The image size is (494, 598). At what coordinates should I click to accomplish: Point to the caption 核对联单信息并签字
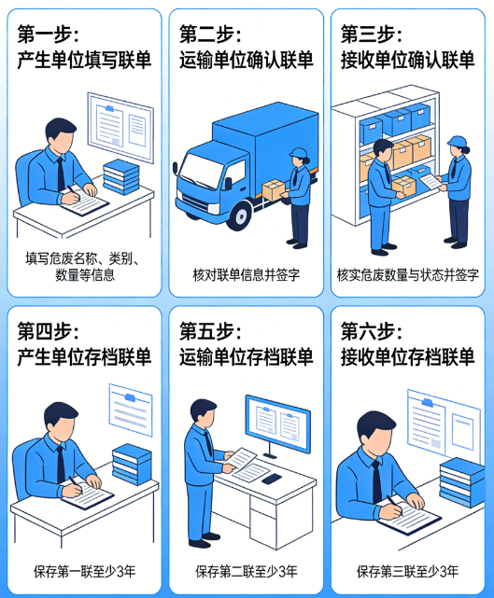click(x=246, y=275)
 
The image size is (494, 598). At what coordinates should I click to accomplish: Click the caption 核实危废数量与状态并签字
click(x=408, y=275)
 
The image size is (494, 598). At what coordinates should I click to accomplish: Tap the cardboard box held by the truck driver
click(x=274, y=190)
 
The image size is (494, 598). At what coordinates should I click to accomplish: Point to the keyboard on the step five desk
click(x=271, y=479)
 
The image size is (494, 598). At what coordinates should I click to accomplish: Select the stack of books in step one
click(x=121, y=174)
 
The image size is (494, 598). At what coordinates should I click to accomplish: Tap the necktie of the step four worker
click(x=61, y=463)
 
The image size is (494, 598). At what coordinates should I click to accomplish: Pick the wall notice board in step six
click(x=444, y=424)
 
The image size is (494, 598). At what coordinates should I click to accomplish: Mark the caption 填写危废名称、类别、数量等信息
click(x=84, y=267)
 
